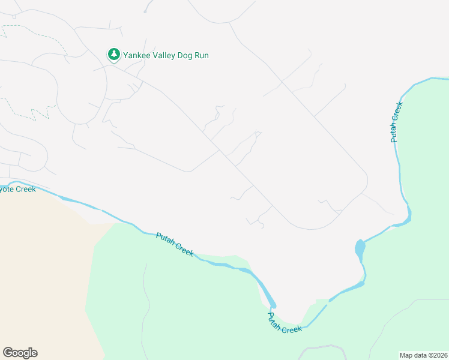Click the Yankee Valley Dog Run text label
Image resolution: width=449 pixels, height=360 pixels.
pyautogui.click(x=166, y=55)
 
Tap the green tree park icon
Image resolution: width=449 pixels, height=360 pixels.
pyautogui.click(x=113, y=55)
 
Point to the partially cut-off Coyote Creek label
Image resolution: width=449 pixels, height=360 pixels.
pyautogui.click(x=17, y=189)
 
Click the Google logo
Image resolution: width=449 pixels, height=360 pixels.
pyautogui.click(x=20, y=353)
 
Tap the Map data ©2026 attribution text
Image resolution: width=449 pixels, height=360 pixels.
pyautogui.click(x=424, y=355)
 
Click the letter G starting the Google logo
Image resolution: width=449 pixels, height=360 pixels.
pyautogui.click(x=8, y=352)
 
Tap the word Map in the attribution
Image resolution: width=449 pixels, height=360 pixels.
pyautogui.click(x=406, y=355)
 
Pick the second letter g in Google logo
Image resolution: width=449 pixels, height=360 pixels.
pyautogui.click(x=26, y=353)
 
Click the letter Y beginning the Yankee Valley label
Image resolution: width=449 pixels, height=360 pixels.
pyautogui.click(x=126, y=55)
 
